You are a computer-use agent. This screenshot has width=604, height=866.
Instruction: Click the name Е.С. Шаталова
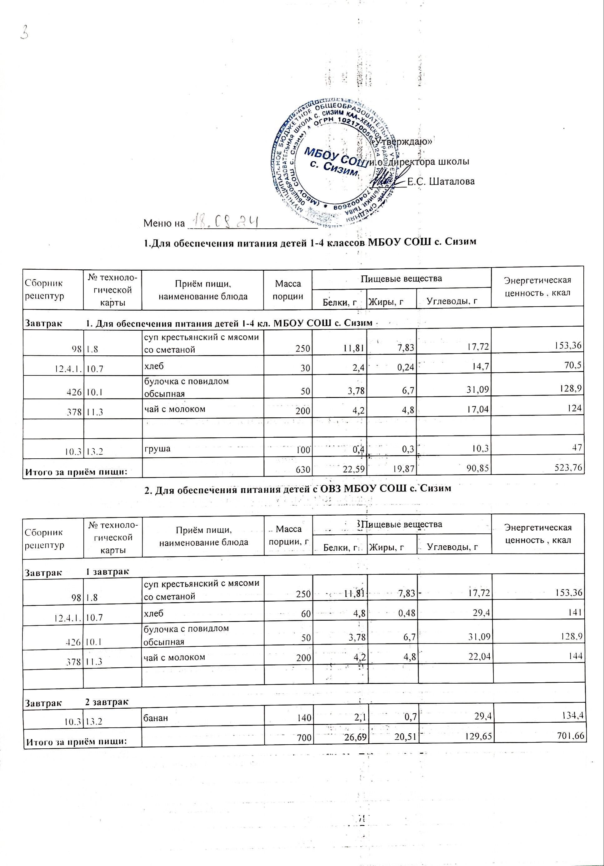[x=441, y=181]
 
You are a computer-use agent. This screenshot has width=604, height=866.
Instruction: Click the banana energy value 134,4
[x=571, y=718]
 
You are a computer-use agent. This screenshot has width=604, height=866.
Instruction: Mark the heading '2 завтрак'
[x=107, y=702]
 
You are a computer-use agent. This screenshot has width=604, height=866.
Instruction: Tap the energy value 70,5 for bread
[x=575, y=367]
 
